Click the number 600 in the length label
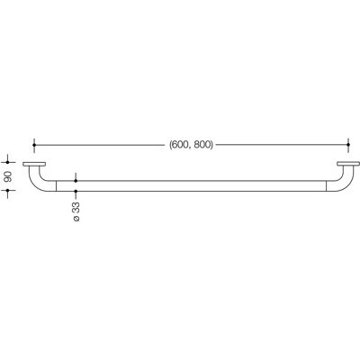(x=179, y=145)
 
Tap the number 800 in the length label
(x=202, y=145)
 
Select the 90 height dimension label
(x=8, y=176)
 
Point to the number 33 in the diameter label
(x=76, y=208)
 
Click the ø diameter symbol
(x=76, y=219)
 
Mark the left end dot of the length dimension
(x=34, y=145)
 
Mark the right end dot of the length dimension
(x=348, y=145)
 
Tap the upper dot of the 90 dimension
(x=8, y=162)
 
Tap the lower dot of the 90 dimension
(x=8, y=191)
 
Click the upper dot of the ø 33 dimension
(x=76, y=181)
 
